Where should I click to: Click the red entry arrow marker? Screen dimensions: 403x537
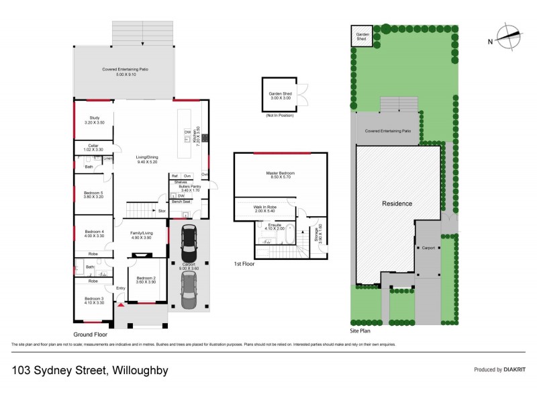tap(121, 305)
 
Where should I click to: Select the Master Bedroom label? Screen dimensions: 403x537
tap(281, 173)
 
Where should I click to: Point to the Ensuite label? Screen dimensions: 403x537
tap(275, 226)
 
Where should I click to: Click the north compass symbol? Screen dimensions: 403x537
tap(507, 36)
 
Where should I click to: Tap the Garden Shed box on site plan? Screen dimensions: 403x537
tap(362, 36)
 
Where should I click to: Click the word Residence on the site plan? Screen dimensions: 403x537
tap(397, 203)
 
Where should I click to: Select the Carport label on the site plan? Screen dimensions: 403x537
tap(428, 248)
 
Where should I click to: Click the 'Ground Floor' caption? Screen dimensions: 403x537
tap(90, 334)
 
